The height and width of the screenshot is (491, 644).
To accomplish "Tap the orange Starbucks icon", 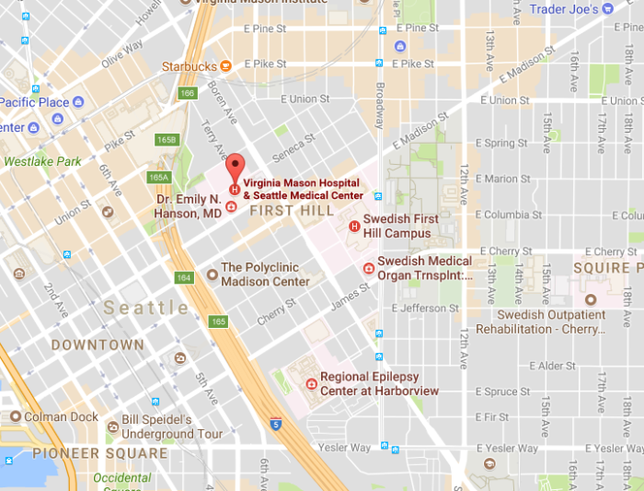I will pyautogui.click(x=225, y=65).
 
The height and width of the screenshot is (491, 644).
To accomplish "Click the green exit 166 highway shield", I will pyautogui.click(x=188, y=93).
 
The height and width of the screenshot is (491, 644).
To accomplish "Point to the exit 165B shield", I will pyautogui.click(x=167, y=139).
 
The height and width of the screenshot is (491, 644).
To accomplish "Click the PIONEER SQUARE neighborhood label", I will pyautogui.click(x=100, y=453).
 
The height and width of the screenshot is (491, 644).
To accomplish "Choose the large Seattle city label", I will pyautogui.click(x=146, y=308).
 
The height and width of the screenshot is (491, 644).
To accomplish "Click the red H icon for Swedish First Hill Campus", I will pyautogui.click(x=353, y=227).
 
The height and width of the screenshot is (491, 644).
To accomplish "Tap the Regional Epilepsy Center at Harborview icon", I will pyautogui.click(x=312, y=379).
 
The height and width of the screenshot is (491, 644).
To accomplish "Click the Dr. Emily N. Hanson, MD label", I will pyautogui.click(x=188, y=207).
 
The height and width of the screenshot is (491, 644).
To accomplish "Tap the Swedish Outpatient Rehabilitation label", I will pyautogui.click(x=541, y=321).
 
